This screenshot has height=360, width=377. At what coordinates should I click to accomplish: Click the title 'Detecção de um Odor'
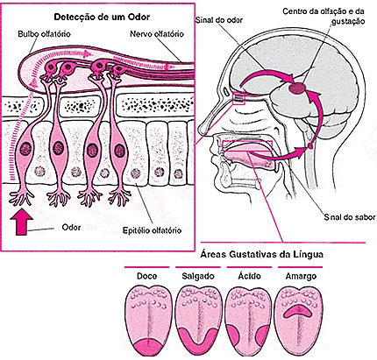(102, 17)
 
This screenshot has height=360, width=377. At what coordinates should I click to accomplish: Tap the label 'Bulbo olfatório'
(44, 34)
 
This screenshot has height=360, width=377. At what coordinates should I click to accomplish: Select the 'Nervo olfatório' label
(157, 34)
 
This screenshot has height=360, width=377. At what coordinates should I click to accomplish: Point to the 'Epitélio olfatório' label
(152, 230)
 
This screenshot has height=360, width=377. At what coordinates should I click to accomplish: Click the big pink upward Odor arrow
(21, 222)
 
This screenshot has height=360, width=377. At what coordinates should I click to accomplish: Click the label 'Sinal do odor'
(219, 20)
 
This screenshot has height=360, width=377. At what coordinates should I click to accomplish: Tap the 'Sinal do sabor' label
(350, 217)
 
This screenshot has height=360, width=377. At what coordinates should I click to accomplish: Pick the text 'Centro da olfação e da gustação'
(324, 17)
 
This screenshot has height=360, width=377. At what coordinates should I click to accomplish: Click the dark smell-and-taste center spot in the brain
(297, 88)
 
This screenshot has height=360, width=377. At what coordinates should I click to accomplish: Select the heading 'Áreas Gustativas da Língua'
(262, 254)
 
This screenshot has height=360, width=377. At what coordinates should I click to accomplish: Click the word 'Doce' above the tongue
(146, 276)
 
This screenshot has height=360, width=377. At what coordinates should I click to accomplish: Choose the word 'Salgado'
(198, 276)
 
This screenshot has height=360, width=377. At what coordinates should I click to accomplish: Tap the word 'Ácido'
(249, 275)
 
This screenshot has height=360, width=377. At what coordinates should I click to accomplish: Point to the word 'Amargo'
(301, 276)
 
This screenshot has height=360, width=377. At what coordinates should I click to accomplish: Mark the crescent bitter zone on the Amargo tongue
(298, 309)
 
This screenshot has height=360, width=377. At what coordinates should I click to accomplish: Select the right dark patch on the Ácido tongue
(262, 335)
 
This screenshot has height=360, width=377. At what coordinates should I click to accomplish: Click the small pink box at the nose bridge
(238, 98)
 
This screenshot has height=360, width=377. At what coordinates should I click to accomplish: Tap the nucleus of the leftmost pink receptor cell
(25, 149)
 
